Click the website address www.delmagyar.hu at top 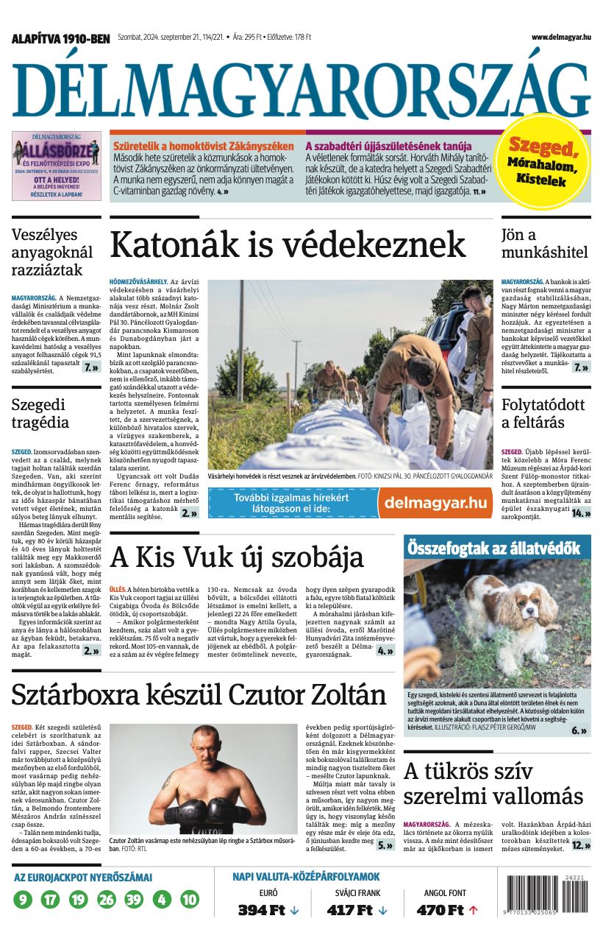point(560,37)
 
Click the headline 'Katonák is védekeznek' point(288,244)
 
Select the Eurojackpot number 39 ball point(134,899)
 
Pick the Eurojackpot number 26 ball point(107,899)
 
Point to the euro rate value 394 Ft point(261,910)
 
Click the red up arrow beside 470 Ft point(473,910)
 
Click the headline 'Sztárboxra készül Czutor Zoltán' point(199,694)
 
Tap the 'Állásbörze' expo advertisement point(57,166)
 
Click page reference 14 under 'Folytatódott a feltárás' point(580,512)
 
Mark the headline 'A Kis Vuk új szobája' point(237,557)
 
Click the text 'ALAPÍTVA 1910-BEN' point(60,38)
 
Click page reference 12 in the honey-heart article point(580,845)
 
